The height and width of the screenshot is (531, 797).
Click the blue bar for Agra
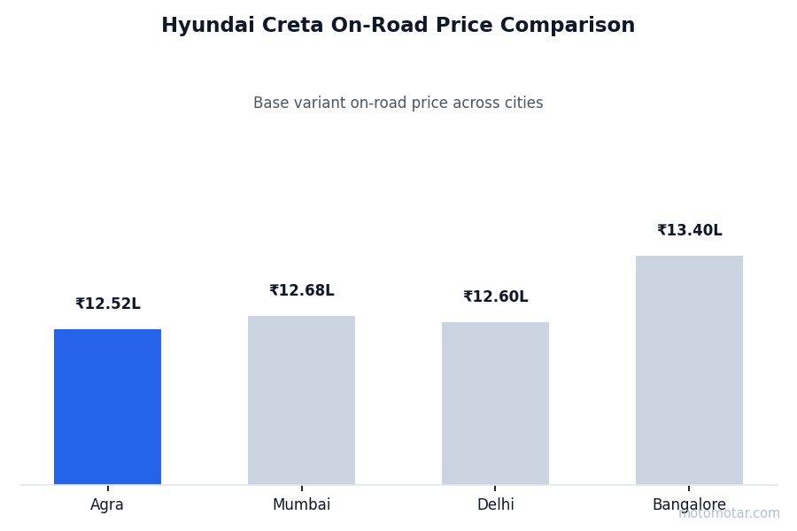(x=107, y=407)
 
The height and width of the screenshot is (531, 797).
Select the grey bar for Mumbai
(x=301, y=400)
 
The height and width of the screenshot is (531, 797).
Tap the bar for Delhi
(x=495, y=404)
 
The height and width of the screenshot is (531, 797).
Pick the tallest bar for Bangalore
(x=689, y=370)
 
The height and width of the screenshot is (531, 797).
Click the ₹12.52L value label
(x=107, y=304)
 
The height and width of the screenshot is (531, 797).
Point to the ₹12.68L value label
(x=301, y=291)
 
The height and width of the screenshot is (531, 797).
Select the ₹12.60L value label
(x=495, y=297)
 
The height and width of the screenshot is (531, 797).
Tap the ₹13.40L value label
(x=689, y=231)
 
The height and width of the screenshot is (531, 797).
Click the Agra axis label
(x=107, y=505)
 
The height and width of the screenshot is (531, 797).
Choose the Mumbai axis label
(x=301, y=505)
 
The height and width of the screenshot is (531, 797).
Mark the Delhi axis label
(x=495, y=505)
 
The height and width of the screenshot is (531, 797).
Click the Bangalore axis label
(x=689, y=505)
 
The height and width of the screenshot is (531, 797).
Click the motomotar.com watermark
(x=729, y=513)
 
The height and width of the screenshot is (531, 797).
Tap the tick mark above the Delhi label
(x=495, y=488)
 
